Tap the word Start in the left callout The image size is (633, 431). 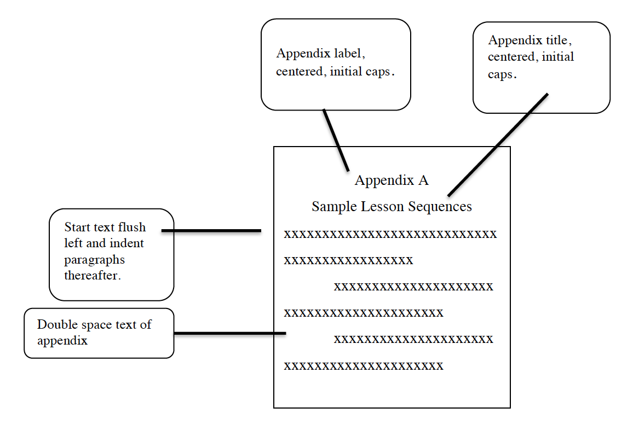76,227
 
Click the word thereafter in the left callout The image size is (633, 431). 91,275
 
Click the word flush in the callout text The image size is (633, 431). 132,227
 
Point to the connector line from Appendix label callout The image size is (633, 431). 336,140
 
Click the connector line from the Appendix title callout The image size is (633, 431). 497,145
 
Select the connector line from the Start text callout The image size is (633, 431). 211,231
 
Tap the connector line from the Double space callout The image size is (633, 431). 229,333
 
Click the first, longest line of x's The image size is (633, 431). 390,235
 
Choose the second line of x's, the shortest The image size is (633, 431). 348,261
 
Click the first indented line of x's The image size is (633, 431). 413,287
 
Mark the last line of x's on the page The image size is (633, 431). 364,366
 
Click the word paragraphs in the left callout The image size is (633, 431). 94,259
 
